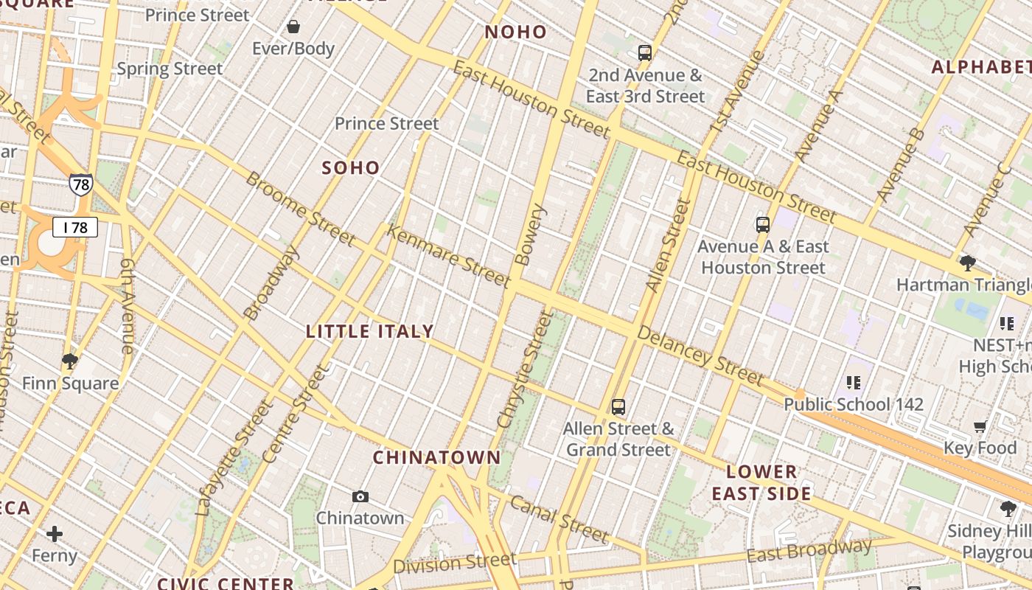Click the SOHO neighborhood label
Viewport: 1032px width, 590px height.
[x=351, y=168]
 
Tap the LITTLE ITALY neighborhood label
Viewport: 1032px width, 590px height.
[x=370, y=332]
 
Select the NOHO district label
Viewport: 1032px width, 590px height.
[x=516, y=32]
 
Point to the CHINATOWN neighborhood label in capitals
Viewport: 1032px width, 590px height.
[x=436, y=457]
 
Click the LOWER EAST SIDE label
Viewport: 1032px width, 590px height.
[x=761, y=483]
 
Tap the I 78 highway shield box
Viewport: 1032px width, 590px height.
[x=75, y=227]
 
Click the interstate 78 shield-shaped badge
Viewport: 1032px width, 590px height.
[x=81, y=184]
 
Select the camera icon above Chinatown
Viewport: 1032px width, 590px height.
[x=360, y=496]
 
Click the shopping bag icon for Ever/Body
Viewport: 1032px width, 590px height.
[x=293, y=27]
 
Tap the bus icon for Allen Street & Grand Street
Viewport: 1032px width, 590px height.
[x=618, y=406]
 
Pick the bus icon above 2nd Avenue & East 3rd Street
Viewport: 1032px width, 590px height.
[x=645, y=52]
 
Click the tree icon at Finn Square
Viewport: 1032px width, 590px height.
[x=70, y=361]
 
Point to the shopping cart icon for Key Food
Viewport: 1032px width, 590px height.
[x=980, y=426]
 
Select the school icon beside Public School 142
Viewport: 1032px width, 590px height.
[x=854, y=382]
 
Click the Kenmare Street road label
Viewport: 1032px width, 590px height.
[x=448, y=257]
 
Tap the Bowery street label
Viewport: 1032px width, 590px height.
[x=531, y=235]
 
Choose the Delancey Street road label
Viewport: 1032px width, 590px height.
[x=700, y=356]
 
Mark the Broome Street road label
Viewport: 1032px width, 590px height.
[x=300, y=209]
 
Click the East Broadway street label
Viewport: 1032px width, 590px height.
[x=809, y=550]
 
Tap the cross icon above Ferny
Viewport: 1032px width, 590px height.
[x=55, y=533]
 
